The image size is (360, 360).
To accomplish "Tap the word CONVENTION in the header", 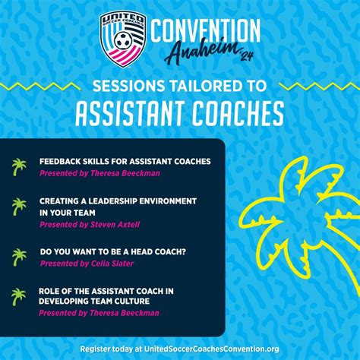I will tap(205, 30).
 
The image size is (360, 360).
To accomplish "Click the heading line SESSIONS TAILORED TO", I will tap(181, 86).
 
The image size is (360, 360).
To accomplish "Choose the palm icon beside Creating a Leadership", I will tap(19, 207).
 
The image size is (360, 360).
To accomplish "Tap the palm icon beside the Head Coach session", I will tap(19, 257).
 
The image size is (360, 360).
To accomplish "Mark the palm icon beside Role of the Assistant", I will tap(19, 296).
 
